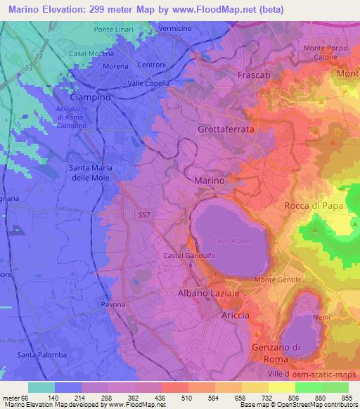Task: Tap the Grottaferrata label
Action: (x=226, y=130)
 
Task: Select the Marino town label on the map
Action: (x=209, y=181)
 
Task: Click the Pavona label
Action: (x=112, y=304)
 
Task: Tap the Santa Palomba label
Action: (x=43, y=355)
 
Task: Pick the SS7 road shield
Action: (x=142, y=218)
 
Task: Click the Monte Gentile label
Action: (x=276, y=280)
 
